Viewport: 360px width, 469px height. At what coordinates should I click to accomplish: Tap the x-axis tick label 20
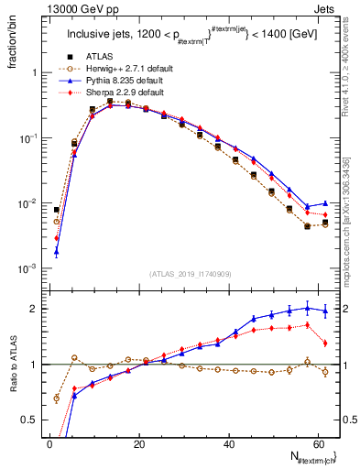[138, 444]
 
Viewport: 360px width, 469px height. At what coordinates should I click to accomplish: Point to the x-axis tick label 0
[49, 444]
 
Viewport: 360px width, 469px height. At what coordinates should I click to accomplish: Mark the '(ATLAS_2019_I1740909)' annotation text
[190, 274]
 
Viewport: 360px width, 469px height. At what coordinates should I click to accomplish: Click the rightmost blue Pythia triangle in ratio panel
[325, 311]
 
